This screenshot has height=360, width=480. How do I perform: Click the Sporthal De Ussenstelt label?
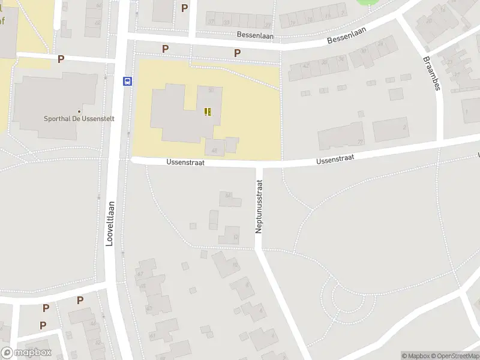pyautogui.click(x=79, y=119)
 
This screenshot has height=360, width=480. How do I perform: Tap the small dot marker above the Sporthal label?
pyautogui.click(x=79, y=111)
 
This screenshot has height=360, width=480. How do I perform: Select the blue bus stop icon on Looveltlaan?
pyautogui.click(x=127, y=82)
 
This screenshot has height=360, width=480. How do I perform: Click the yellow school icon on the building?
pyautogui.click(x=208, y=111)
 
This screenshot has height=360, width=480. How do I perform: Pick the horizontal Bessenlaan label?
pyautogui.click(x=255, y=35)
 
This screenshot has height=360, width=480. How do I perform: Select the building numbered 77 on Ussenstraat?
pyautogui.click(x=340, y=136)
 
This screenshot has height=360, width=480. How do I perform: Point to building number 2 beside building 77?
pyautogui.click(x=391, y=129)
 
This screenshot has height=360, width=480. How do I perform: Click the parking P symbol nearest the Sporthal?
pyautogui.click(x=61, y=59)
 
